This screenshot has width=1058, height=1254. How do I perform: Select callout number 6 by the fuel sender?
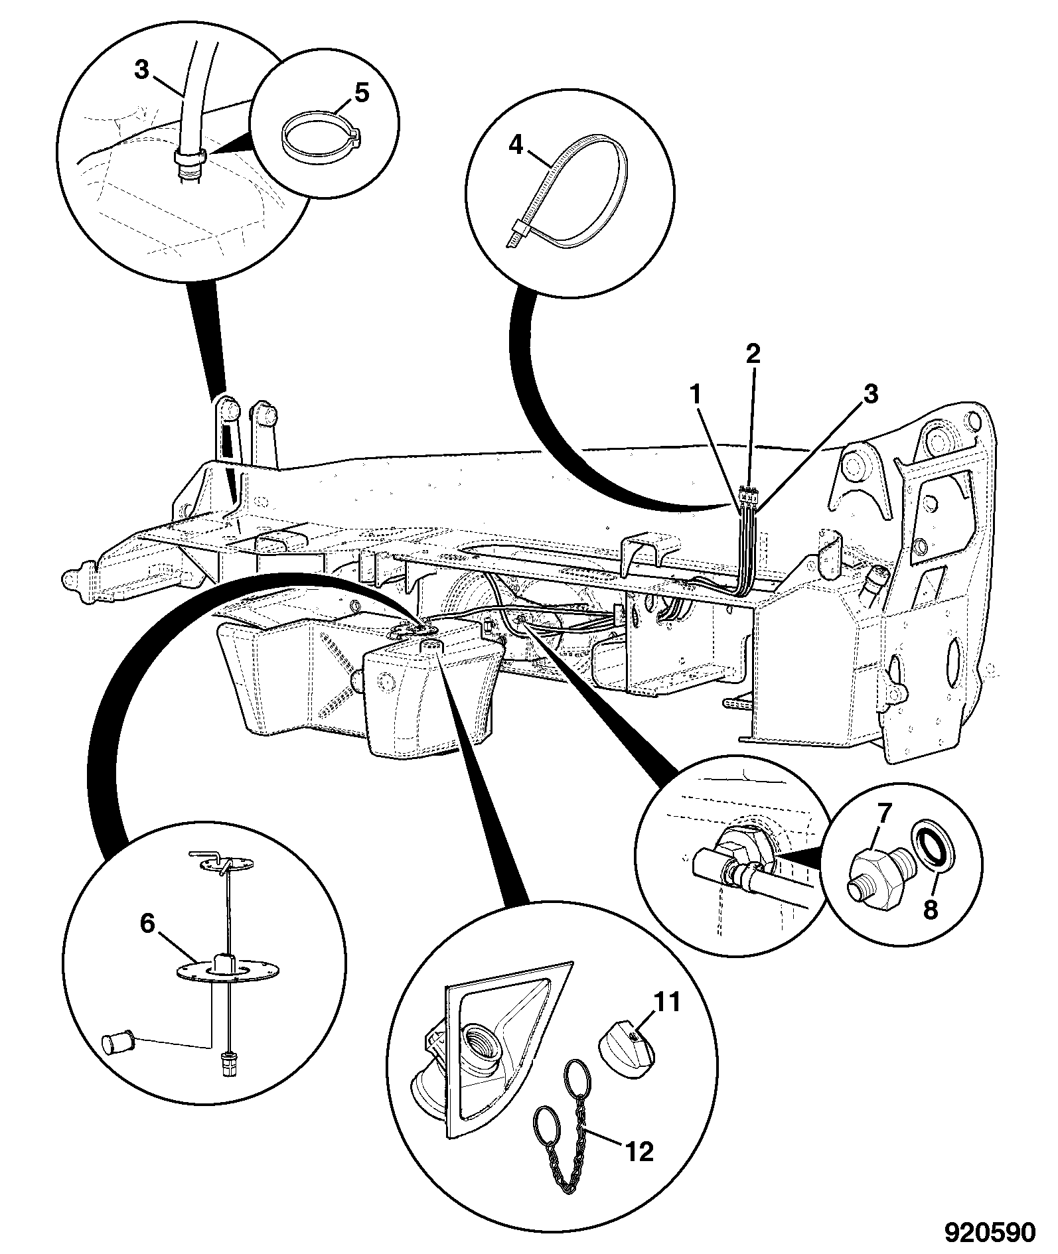click(x=147, y=923)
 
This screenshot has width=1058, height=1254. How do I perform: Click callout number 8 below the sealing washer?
click(x=931, y=908)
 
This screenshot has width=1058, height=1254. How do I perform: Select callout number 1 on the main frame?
click(x=695, y=395)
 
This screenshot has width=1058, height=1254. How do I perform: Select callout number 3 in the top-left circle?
click(x=142, y=70)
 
